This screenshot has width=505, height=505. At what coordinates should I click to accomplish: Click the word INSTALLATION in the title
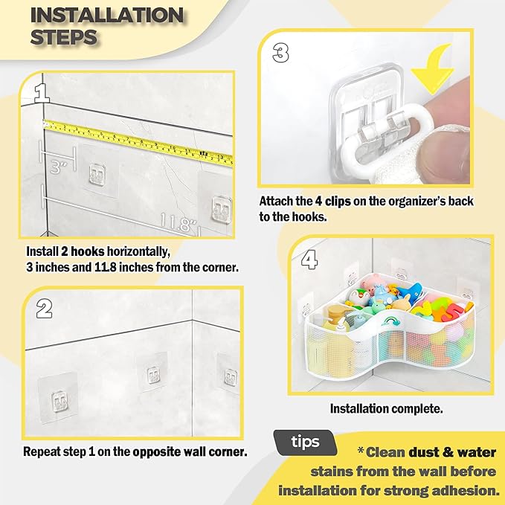click(107, 15)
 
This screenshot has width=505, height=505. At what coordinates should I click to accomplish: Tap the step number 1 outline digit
click(42, 93)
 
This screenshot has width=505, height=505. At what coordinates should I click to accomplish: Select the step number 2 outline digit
click(44, 309)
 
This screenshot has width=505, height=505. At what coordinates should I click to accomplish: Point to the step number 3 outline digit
click(280, 53)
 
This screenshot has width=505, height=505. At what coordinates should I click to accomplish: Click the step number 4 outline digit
click(309, 260)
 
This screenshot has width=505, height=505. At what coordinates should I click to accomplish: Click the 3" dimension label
click(59, 167)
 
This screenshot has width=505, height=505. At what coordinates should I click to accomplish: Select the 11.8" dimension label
click(178, 222)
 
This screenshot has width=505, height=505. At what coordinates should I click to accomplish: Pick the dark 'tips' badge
click(305, 443)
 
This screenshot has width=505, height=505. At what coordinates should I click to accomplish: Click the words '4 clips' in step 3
click(332, 202)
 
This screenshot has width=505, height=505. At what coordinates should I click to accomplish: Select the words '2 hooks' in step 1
click(83, 251)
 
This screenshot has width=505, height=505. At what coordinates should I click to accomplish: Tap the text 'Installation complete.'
click(386, 409)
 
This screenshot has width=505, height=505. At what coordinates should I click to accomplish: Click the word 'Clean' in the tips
click(385, 452)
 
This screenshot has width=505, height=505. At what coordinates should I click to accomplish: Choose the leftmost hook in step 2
click(59, 402)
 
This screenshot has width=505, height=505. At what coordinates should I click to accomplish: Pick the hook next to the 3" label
click(97, 176)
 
